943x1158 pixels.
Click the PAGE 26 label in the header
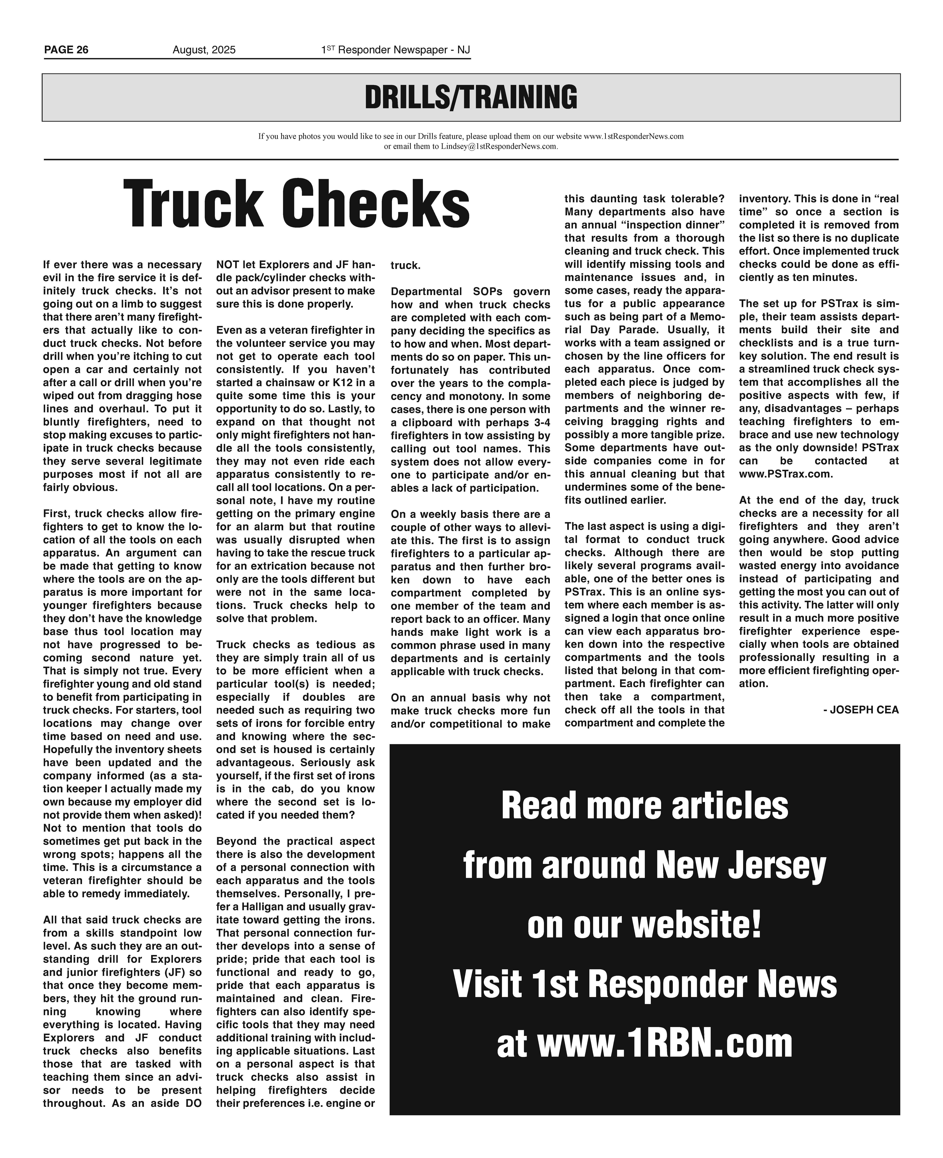click(x=66, y=50)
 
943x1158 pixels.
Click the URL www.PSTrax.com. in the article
click(x=785, y=474)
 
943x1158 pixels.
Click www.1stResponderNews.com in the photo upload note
click(x=633, y=136)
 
